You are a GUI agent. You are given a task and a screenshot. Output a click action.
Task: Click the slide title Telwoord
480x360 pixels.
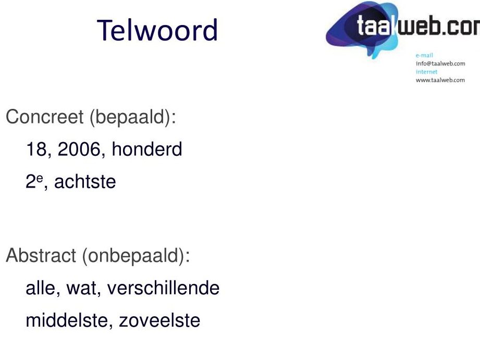tap(157, 30)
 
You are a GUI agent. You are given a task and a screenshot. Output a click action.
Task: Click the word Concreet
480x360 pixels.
tap(45, 117)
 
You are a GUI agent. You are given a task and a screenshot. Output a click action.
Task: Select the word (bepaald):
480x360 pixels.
tap(133, 117)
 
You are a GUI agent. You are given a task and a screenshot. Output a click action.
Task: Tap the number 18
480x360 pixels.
tap(36, 150)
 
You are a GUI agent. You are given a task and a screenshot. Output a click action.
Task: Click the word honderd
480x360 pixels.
tap(147, 149)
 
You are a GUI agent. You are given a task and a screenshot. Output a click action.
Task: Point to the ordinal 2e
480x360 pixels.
tap(34, 181)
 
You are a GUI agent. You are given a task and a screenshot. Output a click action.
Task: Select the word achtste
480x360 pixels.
tap(85, 181)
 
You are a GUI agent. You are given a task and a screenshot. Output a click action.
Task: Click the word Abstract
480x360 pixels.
tap(41, 255)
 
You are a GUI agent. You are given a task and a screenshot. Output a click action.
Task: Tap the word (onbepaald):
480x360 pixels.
tap(136, 256)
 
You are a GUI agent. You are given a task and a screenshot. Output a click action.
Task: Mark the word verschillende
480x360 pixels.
tap(164, 288)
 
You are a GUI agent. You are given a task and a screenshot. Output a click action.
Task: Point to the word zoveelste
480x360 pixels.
tap(159, 320)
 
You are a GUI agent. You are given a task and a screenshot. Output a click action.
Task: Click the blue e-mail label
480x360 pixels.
tap(424, 55)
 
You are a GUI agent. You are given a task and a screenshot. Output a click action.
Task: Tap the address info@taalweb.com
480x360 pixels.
tap(440, 64)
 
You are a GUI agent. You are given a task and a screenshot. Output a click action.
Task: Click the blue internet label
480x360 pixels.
tap(426, 72)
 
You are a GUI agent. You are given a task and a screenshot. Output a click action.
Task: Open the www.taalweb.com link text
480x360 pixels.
tap(440, 80)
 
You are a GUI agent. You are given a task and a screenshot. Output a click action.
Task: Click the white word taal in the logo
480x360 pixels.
tap(374, 26)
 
